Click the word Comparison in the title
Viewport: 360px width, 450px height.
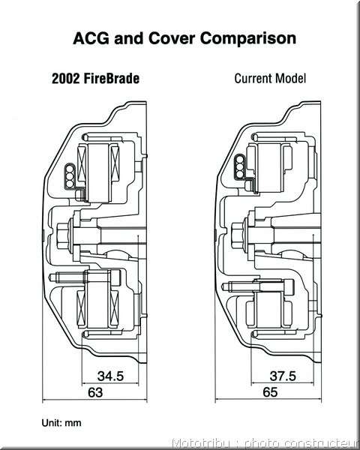pyautogui.click(x=248, y=38)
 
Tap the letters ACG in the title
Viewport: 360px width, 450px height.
pyautogui.click(x=91, y=38)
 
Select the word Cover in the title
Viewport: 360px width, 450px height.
pyautogui.click(x=172, y=38)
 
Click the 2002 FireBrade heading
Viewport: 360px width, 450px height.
pyautogui.click(x=95, y=78)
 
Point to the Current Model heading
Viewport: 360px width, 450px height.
pyautogui.click(x=270, y=78)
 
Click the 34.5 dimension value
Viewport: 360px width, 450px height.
pyautogui.click(x=110, y=376)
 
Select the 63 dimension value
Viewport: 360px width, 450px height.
pyautogui.click(x=95, y=392)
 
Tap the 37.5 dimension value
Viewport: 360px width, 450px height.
pyautogui.click(x=283, y=376)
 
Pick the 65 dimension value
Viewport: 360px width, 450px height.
pyautogui.click(x=270, y=392)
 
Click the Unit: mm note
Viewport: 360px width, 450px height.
pyautogui.click(x=61, y=423)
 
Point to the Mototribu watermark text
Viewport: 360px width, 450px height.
pyautogui.click(x=265, y=443)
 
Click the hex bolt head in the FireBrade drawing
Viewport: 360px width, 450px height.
pyautogui.click(x=62, y=236)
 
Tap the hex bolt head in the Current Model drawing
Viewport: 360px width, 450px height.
pyautogui.click(x=237, y=236)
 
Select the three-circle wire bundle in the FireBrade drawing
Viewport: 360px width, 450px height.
pyautogui.click(x=70, y=176)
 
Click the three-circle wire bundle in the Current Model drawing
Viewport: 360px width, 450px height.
pyautogui.click(x=240, y=166)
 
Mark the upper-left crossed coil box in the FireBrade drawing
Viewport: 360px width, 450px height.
pyautogui.click(x=82, y=163)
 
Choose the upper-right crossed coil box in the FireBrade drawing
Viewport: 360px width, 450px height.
pyautogui.click(x=115, y=163)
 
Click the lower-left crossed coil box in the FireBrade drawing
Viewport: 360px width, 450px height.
pyautogui.click(x=81, y=308)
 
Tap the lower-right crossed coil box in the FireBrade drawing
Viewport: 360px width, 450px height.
pyautogui.click(x=114, y=308)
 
